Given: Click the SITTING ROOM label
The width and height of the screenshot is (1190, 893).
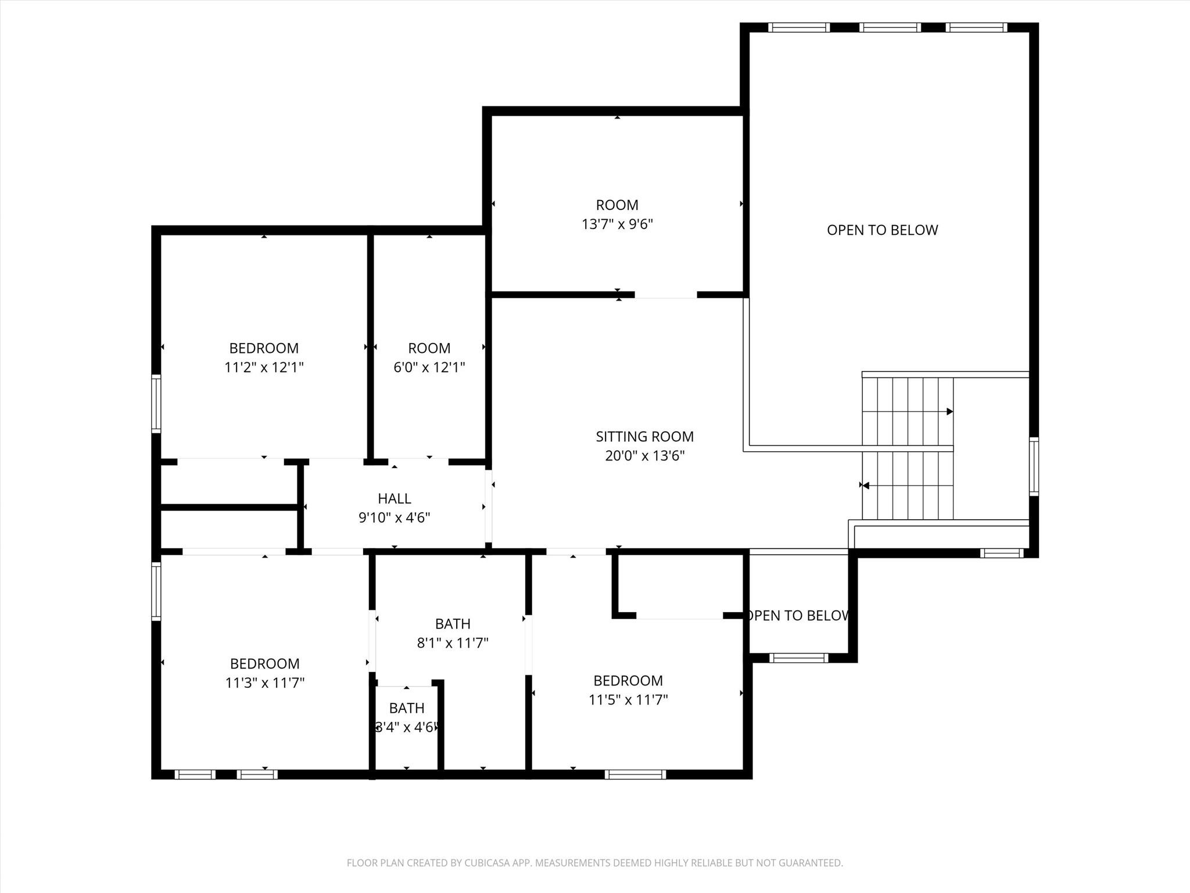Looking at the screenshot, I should (x=644, y=437).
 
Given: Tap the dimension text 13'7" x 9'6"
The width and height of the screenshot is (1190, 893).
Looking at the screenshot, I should (x=617, y=224).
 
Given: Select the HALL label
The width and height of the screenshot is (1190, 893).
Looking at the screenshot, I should (x=394, y=498).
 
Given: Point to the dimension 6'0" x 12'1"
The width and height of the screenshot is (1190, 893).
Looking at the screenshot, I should (x=429, y=367).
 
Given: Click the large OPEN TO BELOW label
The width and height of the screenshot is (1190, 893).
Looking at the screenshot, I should (x=882, y=230).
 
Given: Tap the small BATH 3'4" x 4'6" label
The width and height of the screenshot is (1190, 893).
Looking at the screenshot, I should (x=406, y=708).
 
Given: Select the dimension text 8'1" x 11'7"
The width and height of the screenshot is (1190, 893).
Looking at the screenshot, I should (x=452, y=643).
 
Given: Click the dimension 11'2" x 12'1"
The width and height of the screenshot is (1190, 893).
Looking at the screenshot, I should (x=264, y=367).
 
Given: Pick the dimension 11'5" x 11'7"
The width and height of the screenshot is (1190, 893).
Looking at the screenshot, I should (x=628, y=699).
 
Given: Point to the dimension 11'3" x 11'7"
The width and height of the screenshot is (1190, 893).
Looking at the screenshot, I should (x=264, y=683).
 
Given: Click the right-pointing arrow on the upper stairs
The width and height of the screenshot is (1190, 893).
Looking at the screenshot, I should (x=949, y=412).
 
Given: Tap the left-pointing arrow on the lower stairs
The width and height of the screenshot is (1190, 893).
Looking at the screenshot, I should (x=865, y=485).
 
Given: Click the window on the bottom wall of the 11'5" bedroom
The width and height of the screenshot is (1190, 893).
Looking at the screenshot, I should (x=635, y=774).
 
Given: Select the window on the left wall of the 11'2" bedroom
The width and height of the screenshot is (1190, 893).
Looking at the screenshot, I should (x=156, y=403).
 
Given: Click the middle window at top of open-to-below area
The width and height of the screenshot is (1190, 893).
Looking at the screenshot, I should (x=890, y=27).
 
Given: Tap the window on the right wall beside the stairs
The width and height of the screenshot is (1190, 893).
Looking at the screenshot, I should (x=1034, y=466).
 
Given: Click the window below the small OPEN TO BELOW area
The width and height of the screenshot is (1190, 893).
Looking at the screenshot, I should (x=798, y=658).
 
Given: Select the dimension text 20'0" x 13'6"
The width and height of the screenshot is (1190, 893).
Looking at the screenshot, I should (x=644, y=456).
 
